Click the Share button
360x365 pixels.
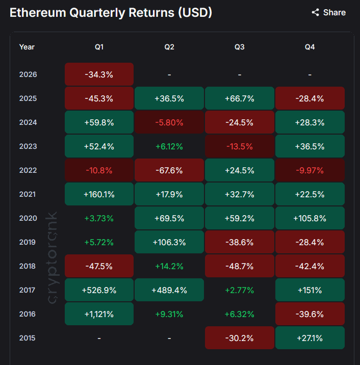pyautogui.click(x=329, y=12)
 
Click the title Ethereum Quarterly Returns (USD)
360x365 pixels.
pyautogui.click(x=111, y=12)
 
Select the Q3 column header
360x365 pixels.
pyautogui.click(x=239, y=47)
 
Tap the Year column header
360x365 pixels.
pyautogui.click(x=27, y=47)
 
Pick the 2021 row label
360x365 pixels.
pyautogui.click(x=28, y=194)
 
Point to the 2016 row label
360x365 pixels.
pyautogui.click(x=28, y=314)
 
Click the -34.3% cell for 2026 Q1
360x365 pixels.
pyautogui.click(x=99, y=74)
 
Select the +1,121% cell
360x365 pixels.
pyautogui.click(x=99, y=314)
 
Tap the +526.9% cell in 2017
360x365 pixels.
pyautogui.click(x=99, y=290)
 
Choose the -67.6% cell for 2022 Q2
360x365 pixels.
pyautogui.click(x=169, y=170)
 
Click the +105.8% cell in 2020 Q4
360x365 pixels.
pyautogui.click(x=310, y=218)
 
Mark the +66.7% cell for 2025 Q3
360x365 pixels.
pyautogui.click(x=240, y=98)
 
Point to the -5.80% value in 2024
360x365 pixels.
pyautogui.click(x=169, y=122)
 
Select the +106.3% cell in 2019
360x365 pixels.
pyautogui.click(x=169, y=242)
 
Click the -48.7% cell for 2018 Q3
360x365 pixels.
pyautogui.click(x=240, y=266)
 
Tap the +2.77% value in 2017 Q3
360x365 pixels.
pyautogui.click(x=240, y=290)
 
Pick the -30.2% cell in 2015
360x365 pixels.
pyautogui.click(x=240, y=338)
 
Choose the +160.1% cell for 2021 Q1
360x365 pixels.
pyautogui.click(x=99, y=194)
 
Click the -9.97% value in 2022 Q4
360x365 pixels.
pyautogui.click(x=310, y=170)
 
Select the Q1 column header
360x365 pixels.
pyautogui.click(x=99, y=47)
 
